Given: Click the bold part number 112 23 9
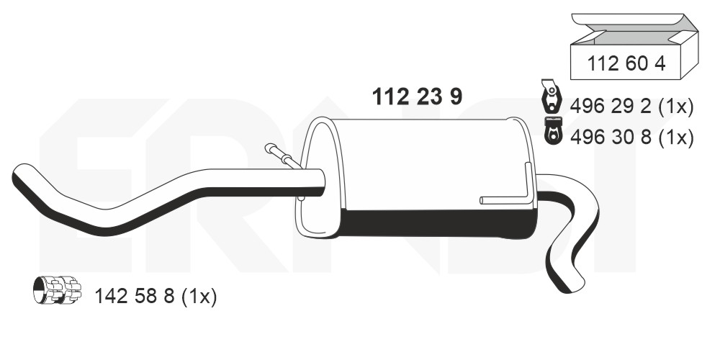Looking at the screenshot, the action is [x=417, y=97].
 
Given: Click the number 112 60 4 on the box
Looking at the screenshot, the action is [x=626, y=63].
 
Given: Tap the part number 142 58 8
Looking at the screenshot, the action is [x=135, y=297].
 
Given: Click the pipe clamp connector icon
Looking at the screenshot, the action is [x=57, y=290].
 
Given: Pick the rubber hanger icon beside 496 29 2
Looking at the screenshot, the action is [x=551, y=96].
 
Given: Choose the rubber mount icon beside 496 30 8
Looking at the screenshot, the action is [x=553, y=130].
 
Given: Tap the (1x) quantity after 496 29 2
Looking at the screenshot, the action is [x=675, y=107].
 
